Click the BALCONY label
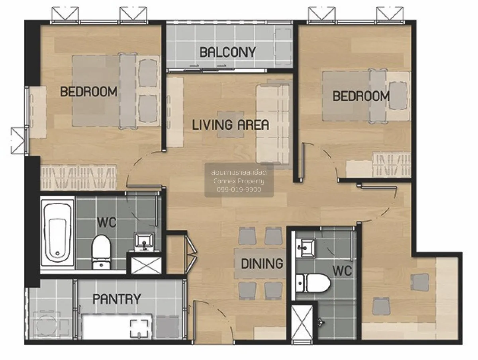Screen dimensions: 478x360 pos(227,52)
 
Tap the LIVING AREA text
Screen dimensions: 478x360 pos(231,125)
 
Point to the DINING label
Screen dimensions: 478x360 pos(262,264)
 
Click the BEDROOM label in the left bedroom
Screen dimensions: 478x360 pos(89,92)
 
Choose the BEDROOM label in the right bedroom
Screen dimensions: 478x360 pos(361,96)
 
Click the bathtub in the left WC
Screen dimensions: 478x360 pos(57,233)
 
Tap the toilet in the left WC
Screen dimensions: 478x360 pos(101,252)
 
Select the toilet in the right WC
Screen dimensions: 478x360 pos(313,283)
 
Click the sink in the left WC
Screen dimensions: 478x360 pos(144,242)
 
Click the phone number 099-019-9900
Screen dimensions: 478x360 pos(239,190)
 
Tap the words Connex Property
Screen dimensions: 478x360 pos(239,181)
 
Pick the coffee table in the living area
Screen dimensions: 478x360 pos(231,125)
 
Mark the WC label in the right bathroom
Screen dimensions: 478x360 pos(342,271)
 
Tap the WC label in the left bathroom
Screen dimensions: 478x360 pos(107,222)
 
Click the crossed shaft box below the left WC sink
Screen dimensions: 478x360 pos(146,265)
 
